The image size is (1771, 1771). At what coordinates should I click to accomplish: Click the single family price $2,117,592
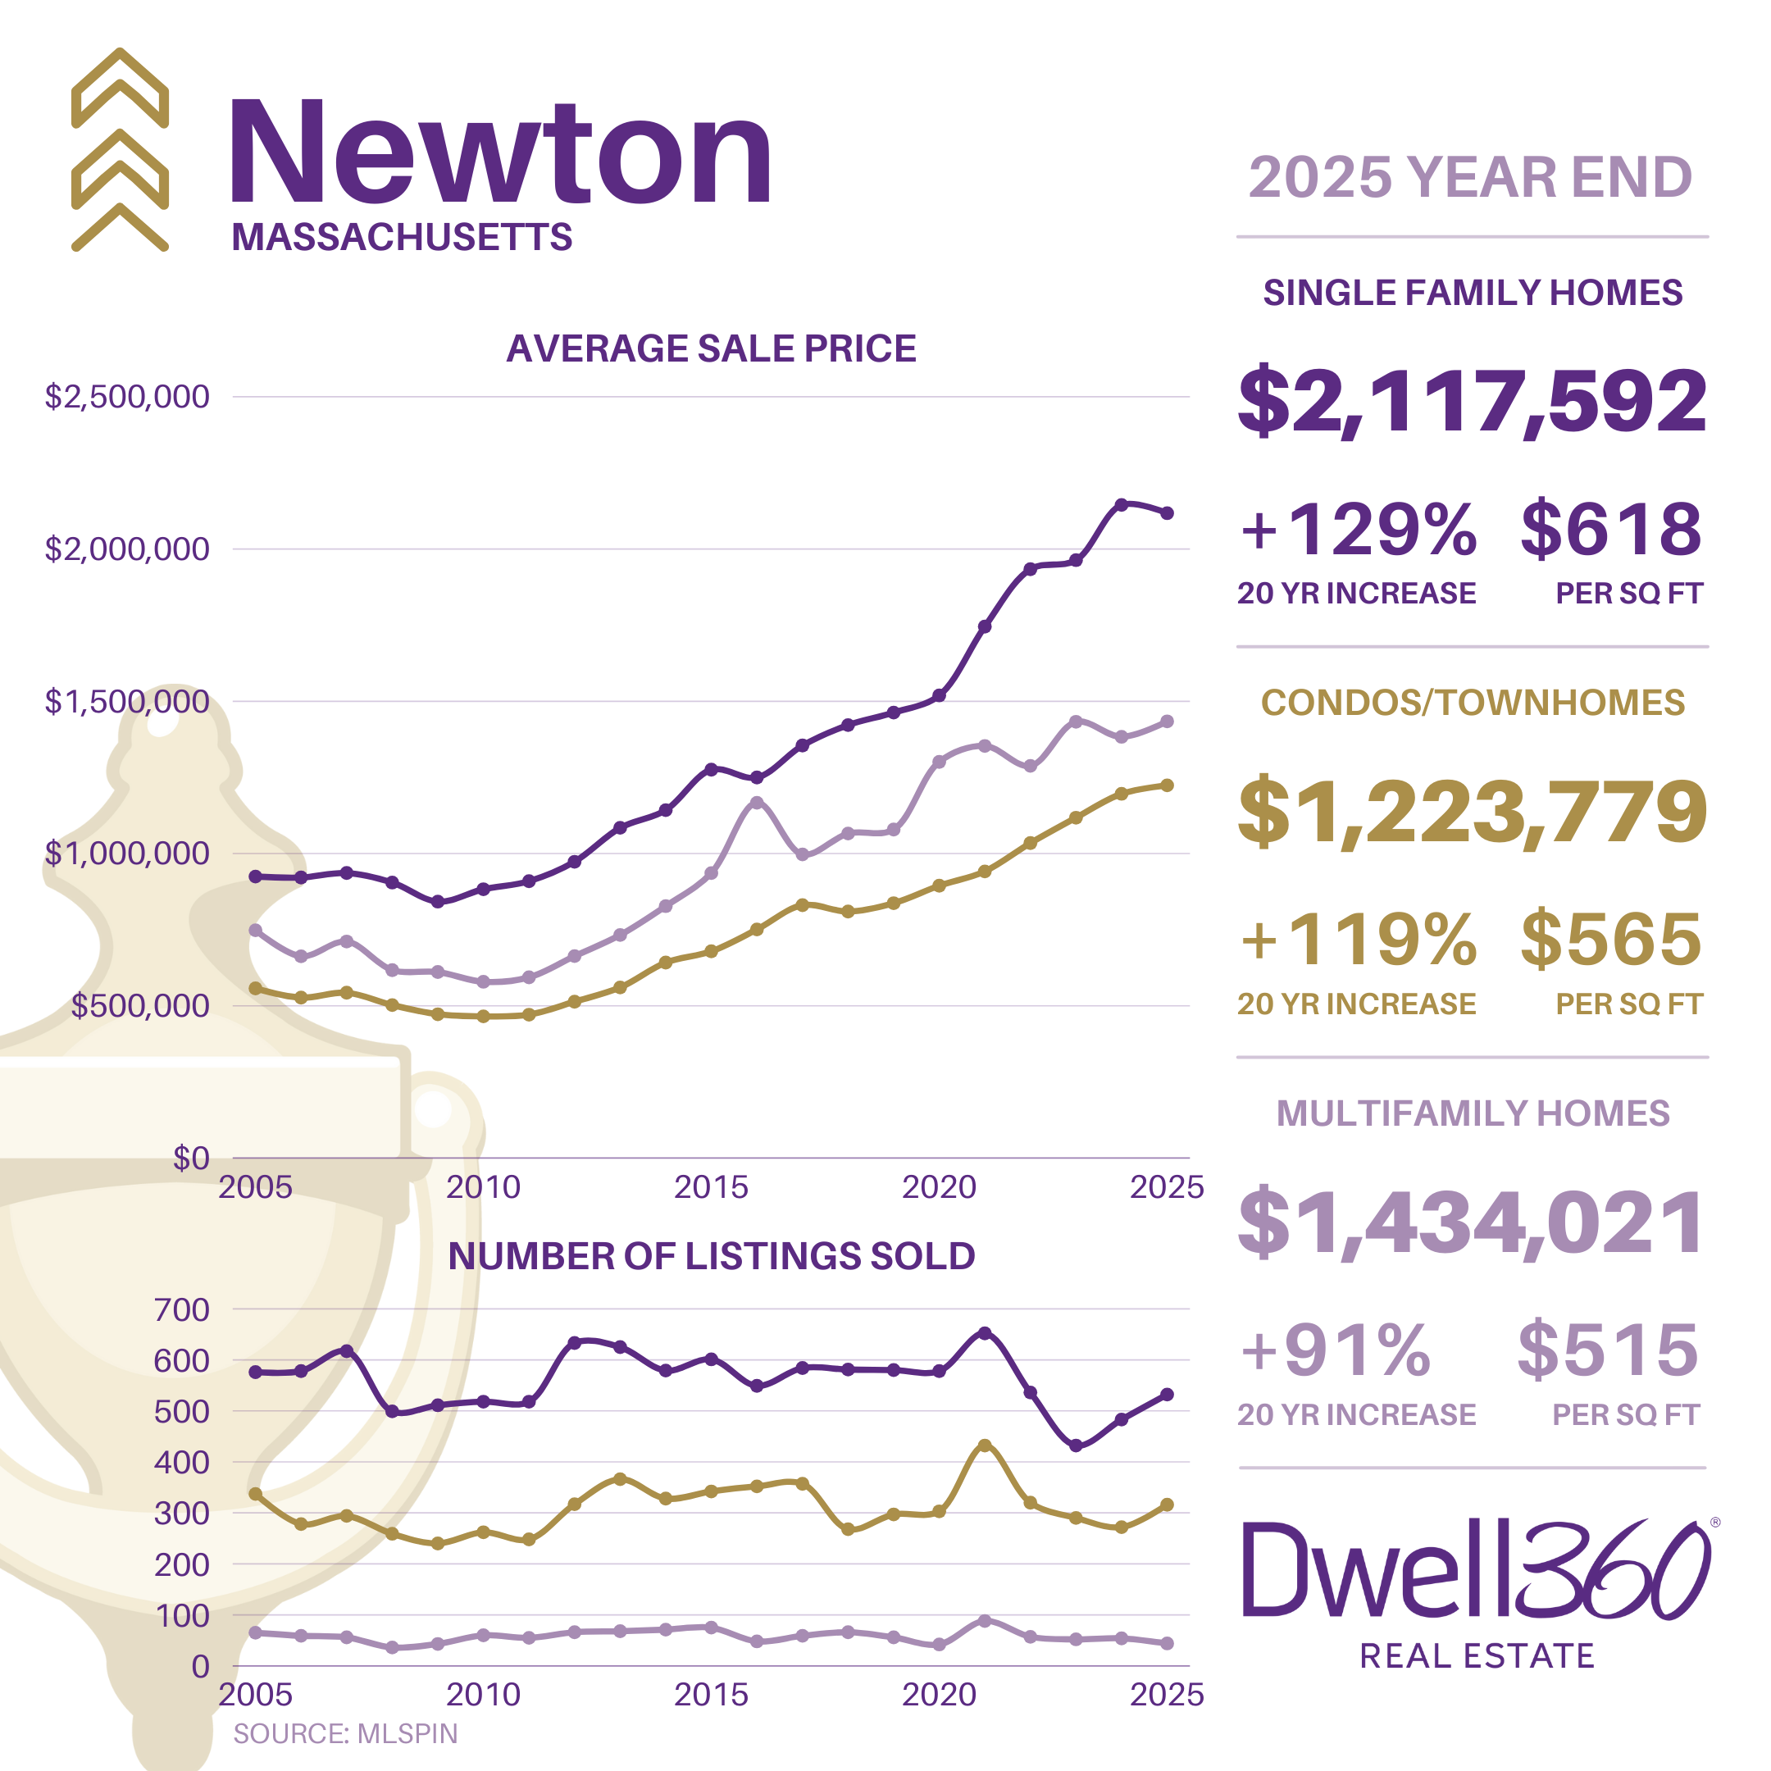[x=1471, y=401]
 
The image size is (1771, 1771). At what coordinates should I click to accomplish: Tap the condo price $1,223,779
[x=1471, y=811]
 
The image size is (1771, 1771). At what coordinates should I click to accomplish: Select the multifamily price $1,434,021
[x=1471, y=1222]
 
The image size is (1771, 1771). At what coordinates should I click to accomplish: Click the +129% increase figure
[x=1358, y=530]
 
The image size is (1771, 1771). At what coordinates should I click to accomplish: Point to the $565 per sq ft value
[x=1610, y=940]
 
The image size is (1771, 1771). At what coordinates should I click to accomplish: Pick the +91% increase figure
[x=1335, y=1350]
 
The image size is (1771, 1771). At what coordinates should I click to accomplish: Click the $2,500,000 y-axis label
[x=126, y=397]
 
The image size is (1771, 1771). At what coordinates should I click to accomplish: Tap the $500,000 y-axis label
[x=140, y=1005]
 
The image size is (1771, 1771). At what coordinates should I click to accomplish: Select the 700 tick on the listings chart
[x=181, y=1309]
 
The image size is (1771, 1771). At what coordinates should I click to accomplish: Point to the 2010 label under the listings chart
[x=483, y=1694]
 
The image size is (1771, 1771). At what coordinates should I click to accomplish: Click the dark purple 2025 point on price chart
[x=1167, y=513]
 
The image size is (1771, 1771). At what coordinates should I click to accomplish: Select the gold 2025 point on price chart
[x=1167, y=785]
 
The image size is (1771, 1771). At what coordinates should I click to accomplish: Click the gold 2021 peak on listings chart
[x=985, y=1445]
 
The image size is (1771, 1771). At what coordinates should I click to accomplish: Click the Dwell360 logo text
[x=1476, y=1572]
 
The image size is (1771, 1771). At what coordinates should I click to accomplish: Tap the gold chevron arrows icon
[x=120, y=149]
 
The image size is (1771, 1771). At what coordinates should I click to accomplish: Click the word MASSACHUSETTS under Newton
[x=402, y=238]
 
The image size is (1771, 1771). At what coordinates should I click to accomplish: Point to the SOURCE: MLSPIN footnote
[x=344, y=1733]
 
